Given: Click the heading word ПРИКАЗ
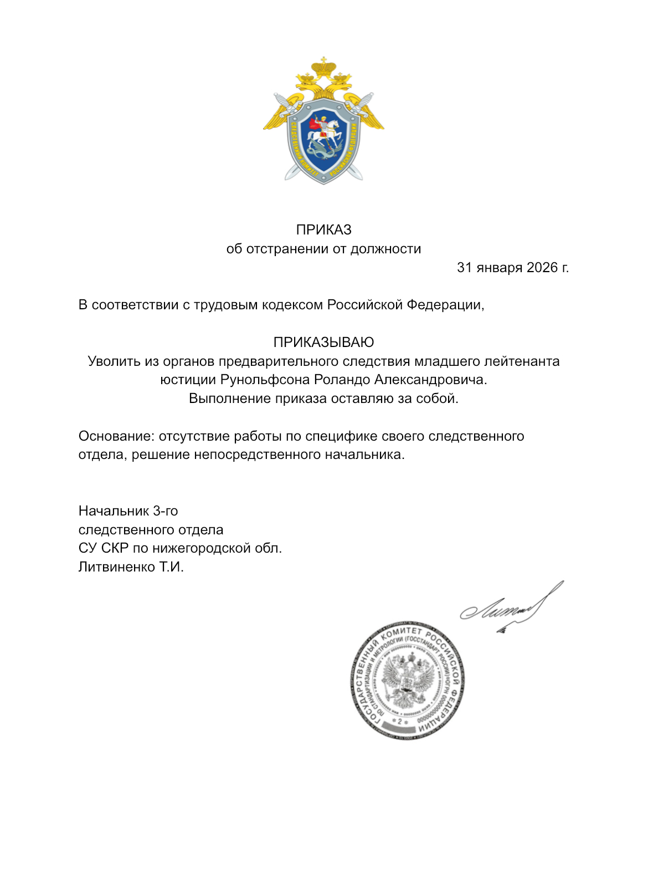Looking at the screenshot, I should click(x=323, y=229).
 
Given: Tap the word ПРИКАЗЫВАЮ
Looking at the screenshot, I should click(x=323, y=342).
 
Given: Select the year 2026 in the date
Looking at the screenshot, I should click(x=542, y=267).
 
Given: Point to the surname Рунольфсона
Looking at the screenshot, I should click(x=265, y=380).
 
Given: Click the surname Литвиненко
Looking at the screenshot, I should click(x=117, y=567).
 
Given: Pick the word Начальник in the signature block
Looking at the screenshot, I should click(x=114, y=511).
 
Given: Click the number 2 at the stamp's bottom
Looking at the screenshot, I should click(x=399, y=721).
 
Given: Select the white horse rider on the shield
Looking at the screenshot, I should click(x=325, y=131).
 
